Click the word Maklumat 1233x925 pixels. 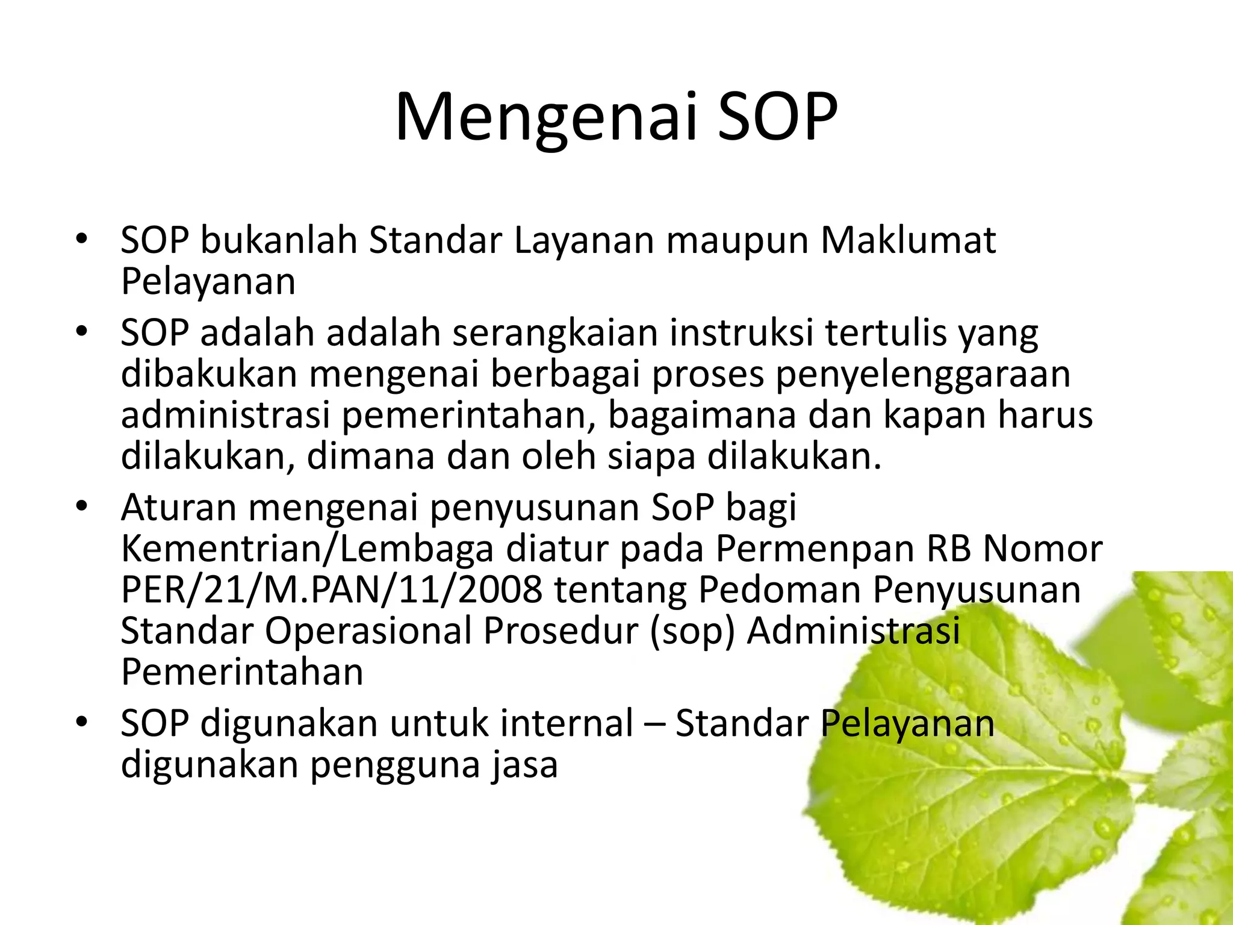pos(908,241)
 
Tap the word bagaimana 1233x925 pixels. pos(702,416)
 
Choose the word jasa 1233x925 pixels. pos(524,765)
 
